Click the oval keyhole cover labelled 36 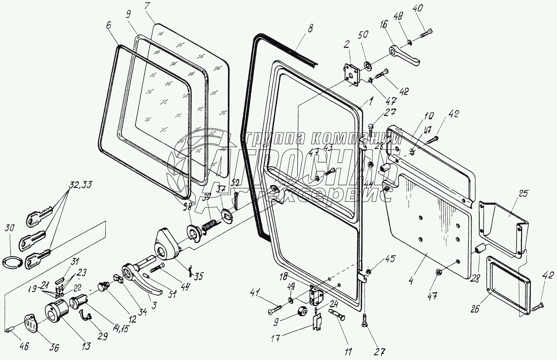(x=30, y=325)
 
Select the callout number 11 (x=348, y=351)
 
